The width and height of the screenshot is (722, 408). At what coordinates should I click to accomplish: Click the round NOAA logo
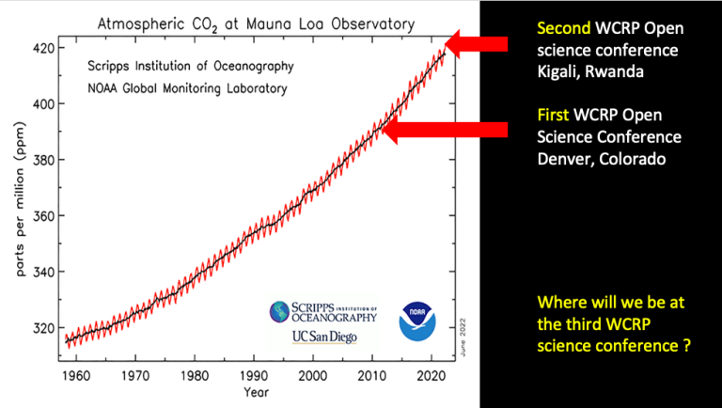tap(416, 321)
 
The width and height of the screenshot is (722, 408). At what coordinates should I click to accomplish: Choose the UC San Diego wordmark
tap(324, 337)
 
